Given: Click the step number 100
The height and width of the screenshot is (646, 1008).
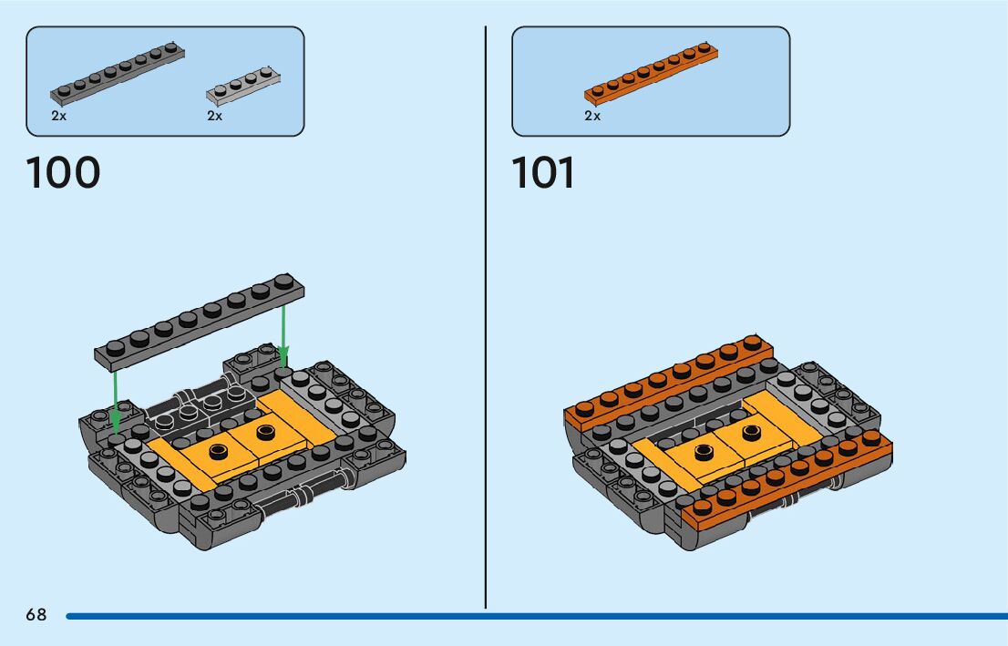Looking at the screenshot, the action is pos(63,173).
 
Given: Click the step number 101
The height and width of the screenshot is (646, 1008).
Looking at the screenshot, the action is pos(543,173).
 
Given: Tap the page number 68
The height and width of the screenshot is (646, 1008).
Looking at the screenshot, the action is pos(36,615).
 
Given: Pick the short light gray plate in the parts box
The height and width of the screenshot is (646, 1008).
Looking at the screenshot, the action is pos(243,83).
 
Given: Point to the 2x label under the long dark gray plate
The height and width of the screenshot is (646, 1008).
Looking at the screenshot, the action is pos(59,116).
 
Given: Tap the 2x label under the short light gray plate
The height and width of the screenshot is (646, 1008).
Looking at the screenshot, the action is pos(215,116).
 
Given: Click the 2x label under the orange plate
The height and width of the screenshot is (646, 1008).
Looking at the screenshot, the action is pos(592,116).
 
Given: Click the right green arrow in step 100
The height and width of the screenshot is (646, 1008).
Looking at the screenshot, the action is pos(283,333).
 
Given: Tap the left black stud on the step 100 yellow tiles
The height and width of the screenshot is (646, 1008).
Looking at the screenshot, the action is pos(219,451).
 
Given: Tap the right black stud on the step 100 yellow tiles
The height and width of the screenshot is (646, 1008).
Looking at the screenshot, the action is pos(266,431).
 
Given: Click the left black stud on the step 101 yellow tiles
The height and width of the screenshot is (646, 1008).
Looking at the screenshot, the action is pos(704,451).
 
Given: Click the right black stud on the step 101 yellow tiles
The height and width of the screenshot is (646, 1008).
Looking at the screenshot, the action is pos(752,431).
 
